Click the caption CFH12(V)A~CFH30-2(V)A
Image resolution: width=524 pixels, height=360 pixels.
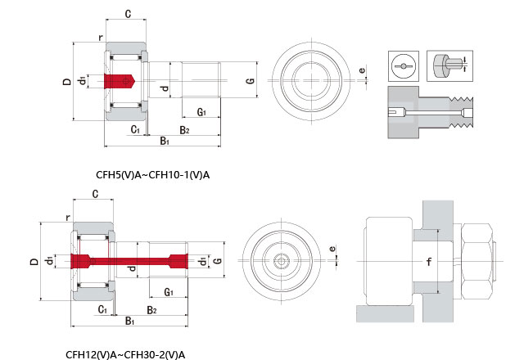click(x=125, y=354)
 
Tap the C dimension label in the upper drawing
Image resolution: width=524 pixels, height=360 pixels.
click(x=128, y=13)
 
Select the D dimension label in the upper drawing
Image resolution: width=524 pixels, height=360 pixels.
click(x=65, y=82)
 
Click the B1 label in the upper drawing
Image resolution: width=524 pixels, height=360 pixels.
click(x=164, y=141)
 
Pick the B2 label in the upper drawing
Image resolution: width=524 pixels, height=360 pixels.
click(x=184, y=130)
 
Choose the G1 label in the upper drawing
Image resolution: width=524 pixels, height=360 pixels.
click(x=201, y=111)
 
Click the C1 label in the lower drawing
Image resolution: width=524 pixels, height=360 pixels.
click(x=102, y=309)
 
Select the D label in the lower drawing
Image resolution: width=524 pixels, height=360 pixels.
click(x=33, y=262)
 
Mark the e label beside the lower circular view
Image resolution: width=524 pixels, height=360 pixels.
click(x=332, y=249)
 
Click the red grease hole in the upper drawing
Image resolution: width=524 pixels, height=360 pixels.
click(x=120, y=81)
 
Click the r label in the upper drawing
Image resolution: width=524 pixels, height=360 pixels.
click(x=99, y=37)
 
